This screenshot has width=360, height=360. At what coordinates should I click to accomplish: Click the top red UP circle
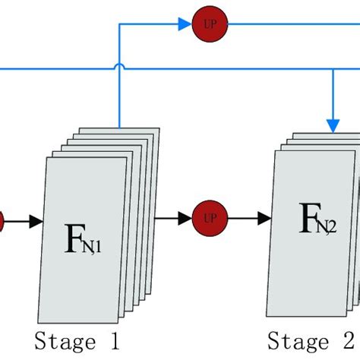[x=204, y=23]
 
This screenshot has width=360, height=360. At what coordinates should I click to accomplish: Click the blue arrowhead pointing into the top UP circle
[x=184, y=24]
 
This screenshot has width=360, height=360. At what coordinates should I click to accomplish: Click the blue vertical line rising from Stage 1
[x=120, y=99]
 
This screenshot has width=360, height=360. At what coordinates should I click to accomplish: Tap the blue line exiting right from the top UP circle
[x=289, y=24]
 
